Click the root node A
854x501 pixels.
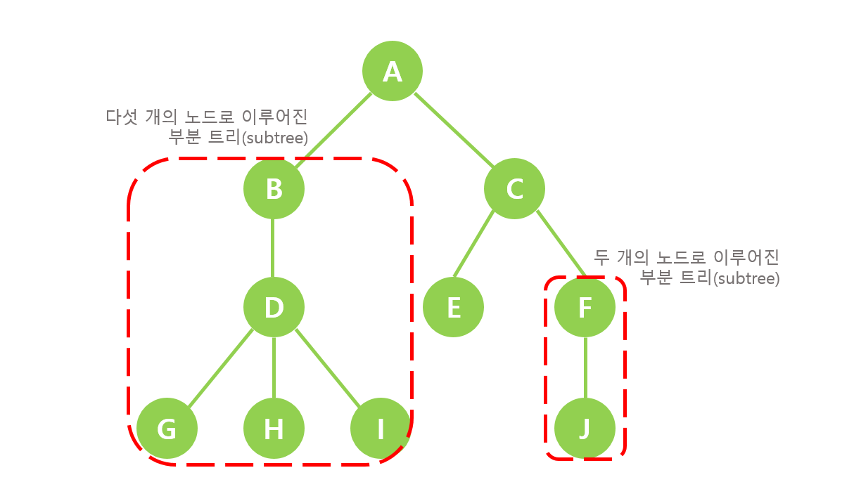[x=392, y=71]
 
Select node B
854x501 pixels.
[x=274, y=188]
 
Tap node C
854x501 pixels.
[x=514, y=188]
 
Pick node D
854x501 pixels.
[x=274, y=307]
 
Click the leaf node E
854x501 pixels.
[x=454, y=307]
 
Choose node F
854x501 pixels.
[x=585, y=307]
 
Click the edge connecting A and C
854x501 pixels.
[x=453, y=130]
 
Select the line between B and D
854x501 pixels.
[x=274, y=247]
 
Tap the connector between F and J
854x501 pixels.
[x=585, y=367]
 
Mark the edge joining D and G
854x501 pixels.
[x=221, y=367]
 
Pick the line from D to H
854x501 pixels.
[x=274, y=367]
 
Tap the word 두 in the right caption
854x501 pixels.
[x=601, y=256]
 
